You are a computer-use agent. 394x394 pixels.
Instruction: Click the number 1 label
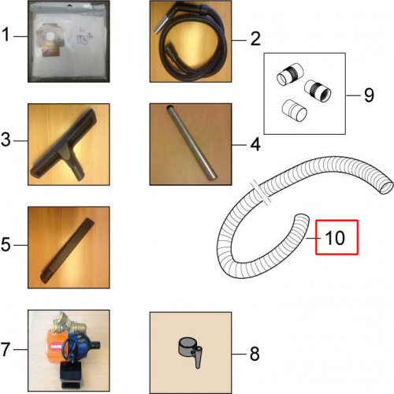6,35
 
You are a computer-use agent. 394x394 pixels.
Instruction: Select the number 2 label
255,39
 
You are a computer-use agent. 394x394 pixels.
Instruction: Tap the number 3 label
6,139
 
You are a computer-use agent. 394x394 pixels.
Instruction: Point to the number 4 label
255,144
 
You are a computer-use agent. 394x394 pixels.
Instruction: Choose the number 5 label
6,245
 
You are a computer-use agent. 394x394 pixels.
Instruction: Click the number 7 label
6,349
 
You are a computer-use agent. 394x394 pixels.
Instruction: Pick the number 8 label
255,354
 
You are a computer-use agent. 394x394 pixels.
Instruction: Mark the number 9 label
369,95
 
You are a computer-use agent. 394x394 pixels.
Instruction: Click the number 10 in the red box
335,238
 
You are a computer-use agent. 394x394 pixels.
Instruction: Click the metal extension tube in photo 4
191,142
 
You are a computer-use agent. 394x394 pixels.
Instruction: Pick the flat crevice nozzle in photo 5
67,251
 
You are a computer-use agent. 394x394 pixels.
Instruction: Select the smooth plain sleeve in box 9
294,110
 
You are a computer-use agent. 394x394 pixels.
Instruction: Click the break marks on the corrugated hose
261,192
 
